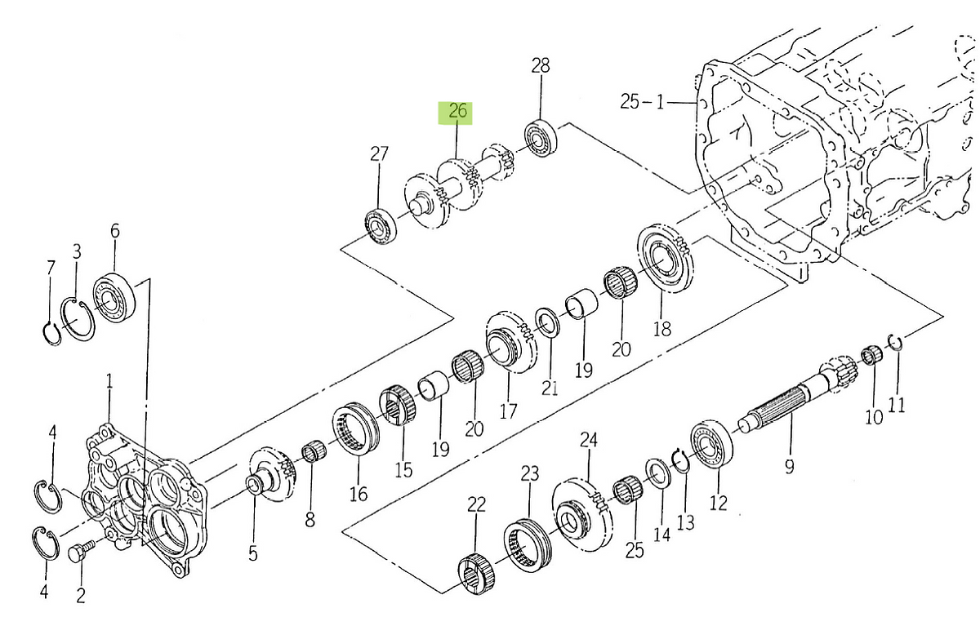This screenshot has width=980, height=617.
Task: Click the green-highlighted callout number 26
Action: pyautogui.click(x=457, y=111)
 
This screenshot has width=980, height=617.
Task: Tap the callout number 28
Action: pyautogui.click(x=541, y=65)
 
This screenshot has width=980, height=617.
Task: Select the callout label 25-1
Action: pyautogui.click(x=642, y=102)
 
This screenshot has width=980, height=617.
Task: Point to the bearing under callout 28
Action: pyautogui.click(x=542, y=138)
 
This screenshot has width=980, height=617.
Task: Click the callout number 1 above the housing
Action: pyautogui.click(x=109, y=381)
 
